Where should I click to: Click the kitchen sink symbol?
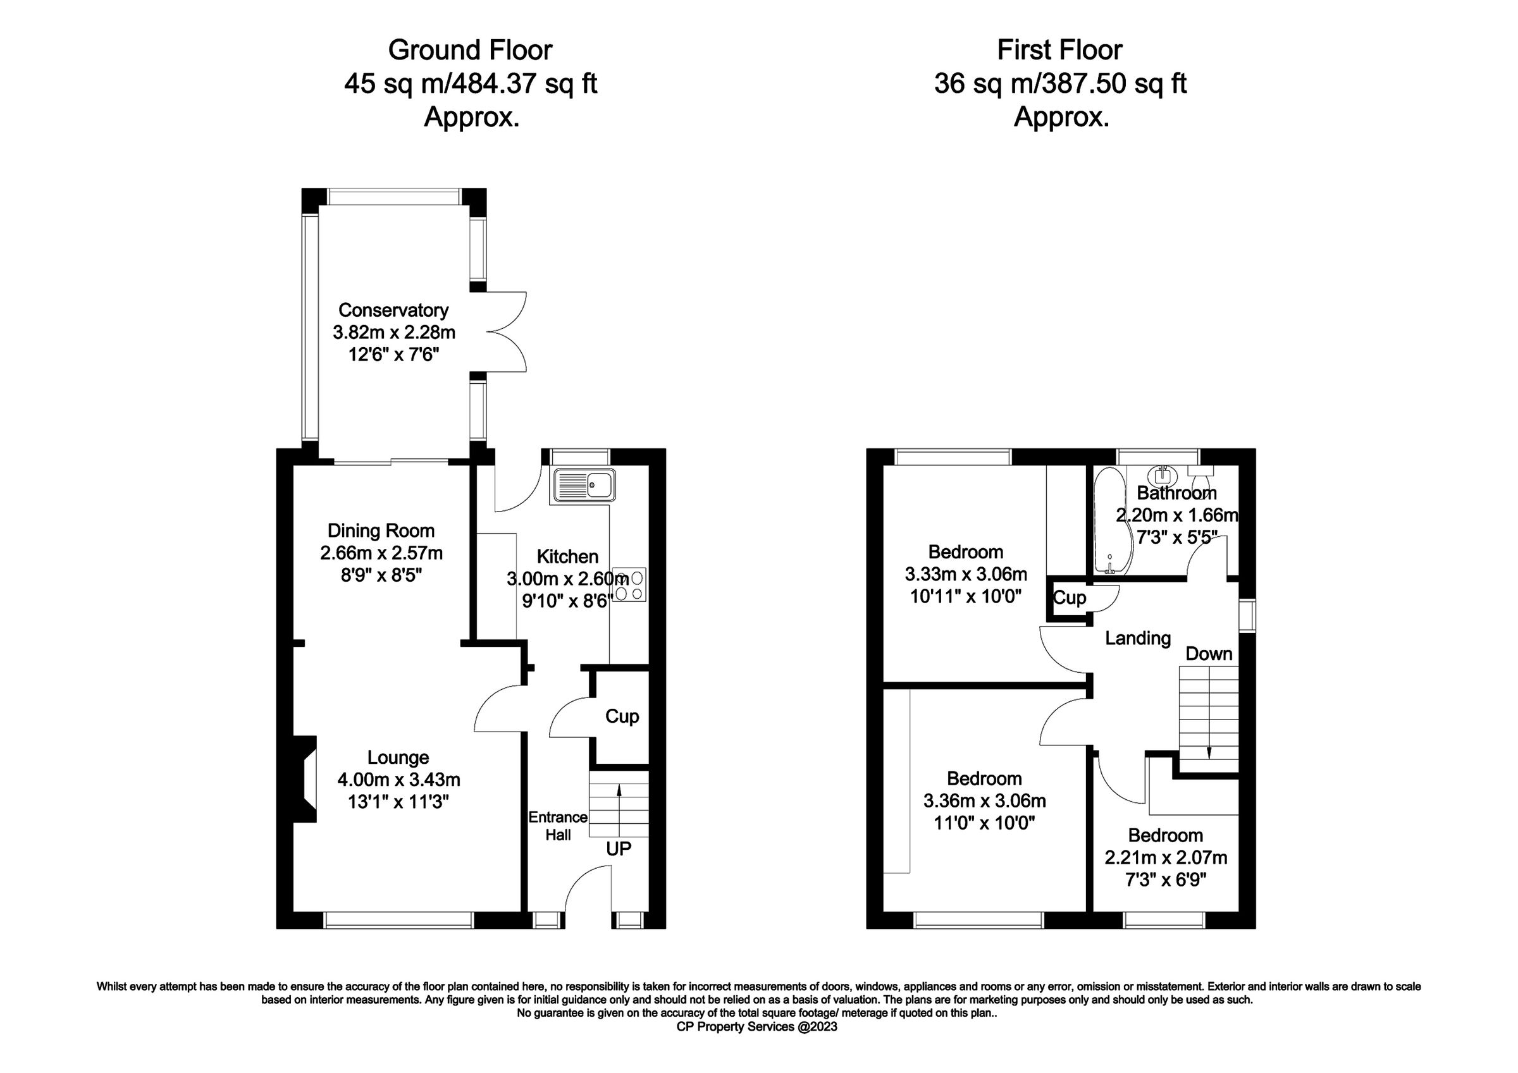[585, 484]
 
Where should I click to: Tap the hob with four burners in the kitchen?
[629, 585]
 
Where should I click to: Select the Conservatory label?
[393, 310]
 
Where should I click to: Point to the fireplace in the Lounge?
[306, 780]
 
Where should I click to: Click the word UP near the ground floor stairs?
[619, 849]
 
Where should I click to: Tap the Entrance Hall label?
[557, 826]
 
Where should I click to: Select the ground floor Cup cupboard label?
[622, 716]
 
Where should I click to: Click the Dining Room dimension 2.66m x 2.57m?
[381, 553]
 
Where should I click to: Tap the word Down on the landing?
[1209, 654]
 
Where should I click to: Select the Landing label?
[1138, 639]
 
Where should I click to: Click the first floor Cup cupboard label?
[1069, 598]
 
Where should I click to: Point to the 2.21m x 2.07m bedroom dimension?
[1166, 858]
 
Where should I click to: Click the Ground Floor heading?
[469, 50]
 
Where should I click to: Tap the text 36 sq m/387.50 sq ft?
[1061, 84]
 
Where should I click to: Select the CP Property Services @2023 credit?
[757, 1027]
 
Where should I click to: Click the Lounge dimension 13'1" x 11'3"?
[398, 802]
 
